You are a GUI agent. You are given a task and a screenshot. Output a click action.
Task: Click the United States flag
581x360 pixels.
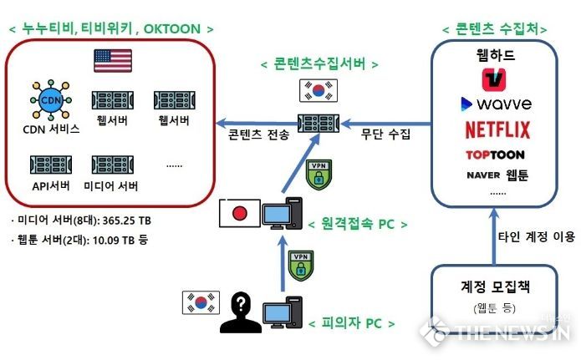coord(113,60)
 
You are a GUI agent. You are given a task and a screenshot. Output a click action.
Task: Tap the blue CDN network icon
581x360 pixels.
coord(51,99)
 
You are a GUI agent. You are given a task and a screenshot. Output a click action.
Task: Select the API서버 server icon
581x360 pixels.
coord(51,165)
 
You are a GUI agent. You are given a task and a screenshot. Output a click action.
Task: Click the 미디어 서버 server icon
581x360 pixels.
coord(113,165)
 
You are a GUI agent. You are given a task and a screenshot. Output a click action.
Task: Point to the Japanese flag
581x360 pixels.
coord(239,213)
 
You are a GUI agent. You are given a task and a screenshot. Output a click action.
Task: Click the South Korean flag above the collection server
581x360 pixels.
coord(319,90)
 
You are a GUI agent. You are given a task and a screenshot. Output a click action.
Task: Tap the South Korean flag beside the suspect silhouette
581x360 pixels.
coord(201,302)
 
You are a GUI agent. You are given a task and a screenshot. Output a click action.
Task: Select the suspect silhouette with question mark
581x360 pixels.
coord(241,312)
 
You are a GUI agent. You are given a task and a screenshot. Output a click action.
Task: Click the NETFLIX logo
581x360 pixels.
coord(497,130)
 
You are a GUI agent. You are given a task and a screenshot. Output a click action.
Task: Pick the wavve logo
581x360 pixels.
coord(496,104)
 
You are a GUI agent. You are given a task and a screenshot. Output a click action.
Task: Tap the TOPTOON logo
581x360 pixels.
coord(495,155)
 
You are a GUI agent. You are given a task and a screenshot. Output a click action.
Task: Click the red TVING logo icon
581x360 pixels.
coord(494,79)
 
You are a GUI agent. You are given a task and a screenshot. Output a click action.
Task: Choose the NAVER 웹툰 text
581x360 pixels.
coord(497,175)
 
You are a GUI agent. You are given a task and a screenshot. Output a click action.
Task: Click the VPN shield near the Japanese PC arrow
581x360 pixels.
coord(319,175)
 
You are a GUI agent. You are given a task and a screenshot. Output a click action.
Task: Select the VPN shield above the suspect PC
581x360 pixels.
coord(301,266)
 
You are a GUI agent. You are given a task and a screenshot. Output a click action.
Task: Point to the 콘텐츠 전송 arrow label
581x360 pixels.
coord(258,134)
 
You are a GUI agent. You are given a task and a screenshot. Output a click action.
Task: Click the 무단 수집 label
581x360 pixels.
coord(385,134)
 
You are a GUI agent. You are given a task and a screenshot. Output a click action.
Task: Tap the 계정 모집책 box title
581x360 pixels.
coord(495,286)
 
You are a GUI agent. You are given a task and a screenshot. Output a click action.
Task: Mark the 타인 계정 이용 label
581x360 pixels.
coord(537,236)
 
